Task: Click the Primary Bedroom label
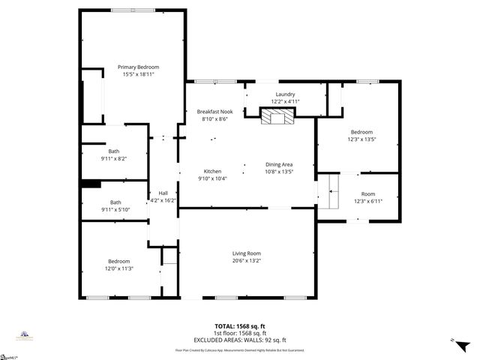[x=138, y=67]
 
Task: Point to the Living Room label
[x=246, y=253]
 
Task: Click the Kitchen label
[x=212, y=171]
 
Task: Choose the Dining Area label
[x=279, y=164]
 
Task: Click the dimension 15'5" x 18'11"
[x=138, y=74]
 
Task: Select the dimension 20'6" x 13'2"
[x=246, y=261]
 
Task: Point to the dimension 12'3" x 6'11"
[x=368, y=201]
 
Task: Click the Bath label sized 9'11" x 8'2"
[x=114, y=151]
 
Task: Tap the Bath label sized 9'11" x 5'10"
[x=116, y=202]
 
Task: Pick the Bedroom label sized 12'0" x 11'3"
[x=118, y=261]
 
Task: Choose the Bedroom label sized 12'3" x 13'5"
[x=361, y=131]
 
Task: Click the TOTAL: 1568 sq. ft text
[x=239, y=326]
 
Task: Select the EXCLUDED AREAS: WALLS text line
[x=239, y=340]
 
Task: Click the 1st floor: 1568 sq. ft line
[x=239, y=333]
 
